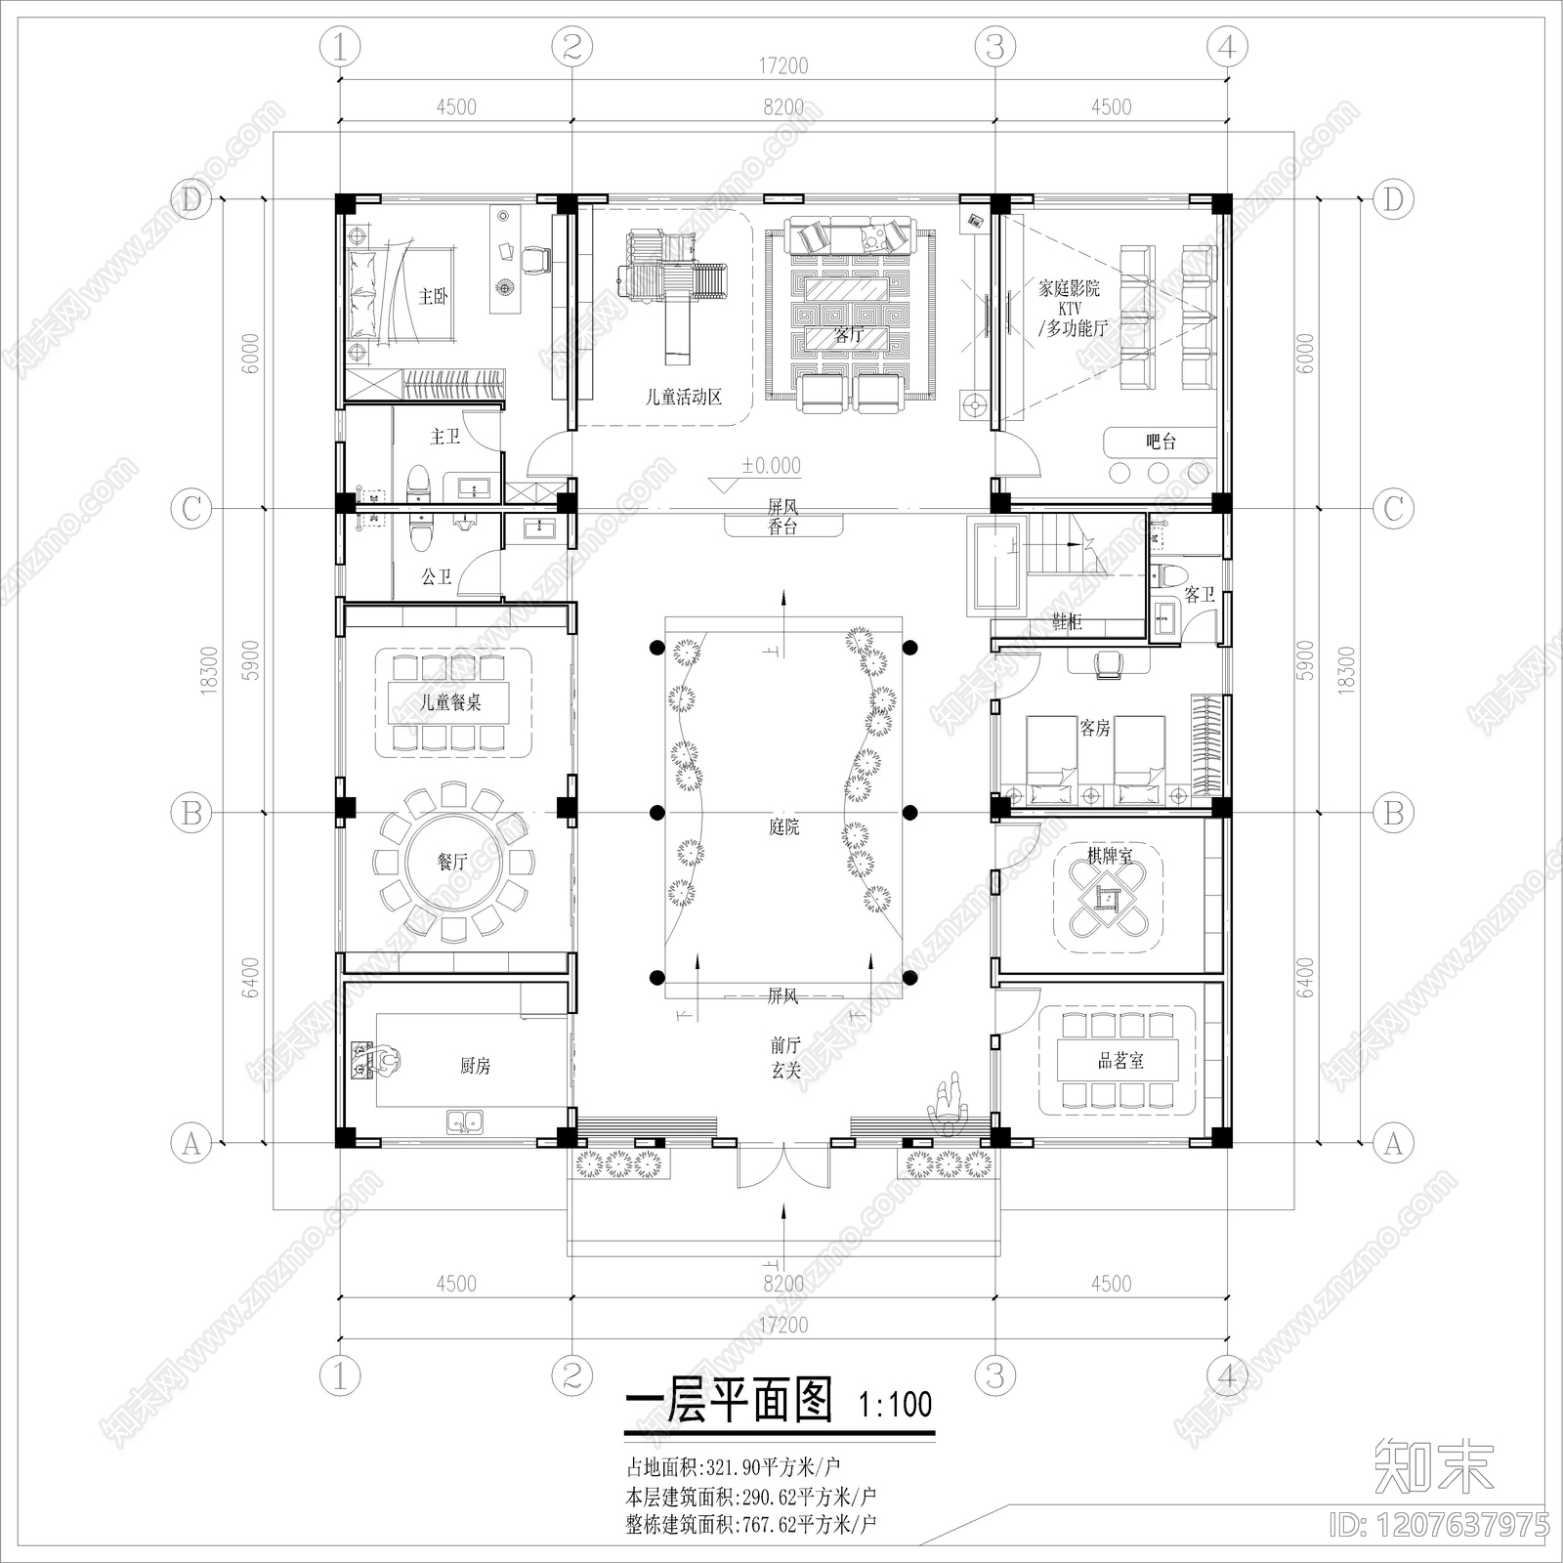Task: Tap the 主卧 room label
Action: point(433,296)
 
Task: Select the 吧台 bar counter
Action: point(1161,442)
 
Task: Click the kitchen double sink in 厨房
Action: point(464,1120)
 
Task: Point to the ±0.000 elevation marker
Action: point(770,467)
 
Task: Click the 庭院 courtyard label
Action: point(783,827)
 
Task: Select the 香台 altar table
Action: point(783,528)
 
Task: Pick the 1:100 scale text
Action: point(895,1405)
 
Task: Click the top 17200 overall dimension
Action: point(783,66)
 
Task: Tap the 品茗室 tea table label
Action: point(1120,1061)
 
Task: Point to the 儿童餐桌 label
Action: point(450,702)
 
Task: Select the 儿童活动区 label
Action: point(684,398)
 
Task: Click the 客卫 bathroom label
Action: point(1199,594)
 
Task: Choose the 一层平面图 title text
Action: point(728,1403)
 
